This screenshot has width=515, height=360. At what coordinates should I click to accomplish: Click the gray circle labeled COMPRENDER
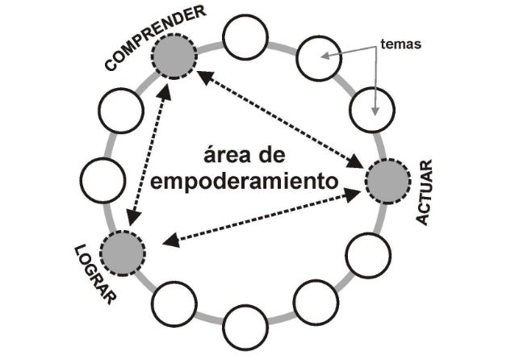tap(174, 57)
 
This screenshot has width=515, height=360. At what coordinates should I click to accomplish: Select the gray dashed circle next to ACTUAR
tap(388, 181)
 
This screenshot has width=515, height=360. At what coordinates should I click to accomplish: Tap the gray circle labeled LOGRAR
tap(123, 253)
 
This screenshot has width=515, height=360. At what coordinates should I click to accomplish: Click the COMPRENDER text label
tap(155, 38)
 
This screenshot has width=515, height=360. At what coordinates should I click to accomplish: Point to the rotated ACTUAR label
tap(425, 192)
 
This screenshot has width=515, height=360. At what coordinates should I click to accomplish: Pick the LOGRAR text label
tap(95, 274)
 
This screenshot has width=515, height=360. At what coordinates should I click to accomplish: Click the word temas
tap(400, 44)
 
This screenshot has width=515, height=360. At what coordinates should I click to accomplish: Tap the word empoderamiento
tap(244, 182)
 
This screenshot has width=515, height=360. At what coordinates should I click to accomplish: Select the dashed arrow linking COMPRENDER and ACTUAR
tap(283, 120)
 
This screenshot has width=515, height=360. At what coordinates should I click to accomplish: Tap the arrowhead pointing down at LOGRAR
tap(133, 218)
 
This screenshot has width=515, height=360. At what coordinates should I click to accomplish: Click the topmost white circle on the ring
tap(245, 37)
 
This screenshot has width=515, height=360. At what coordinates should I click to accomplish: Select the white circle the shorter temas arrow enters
tap(319, 58)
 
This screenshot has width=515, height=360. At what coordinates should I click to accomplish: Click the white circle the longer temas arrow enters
tap(372, 110)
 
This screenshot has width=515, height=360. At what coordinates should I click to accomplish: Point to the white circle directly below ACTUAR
tap(368, 256)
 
